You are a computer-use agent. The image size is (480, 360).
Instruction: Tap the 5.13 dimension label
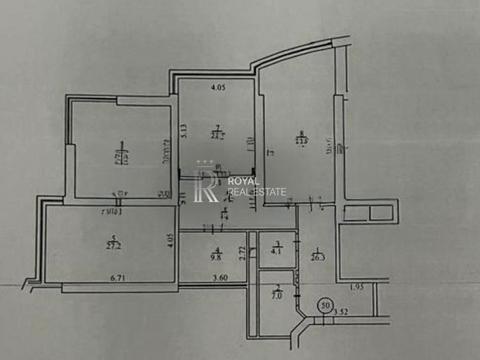(184, 129)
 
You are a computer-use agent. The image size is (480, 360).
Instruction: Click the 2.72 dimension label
(242, 253)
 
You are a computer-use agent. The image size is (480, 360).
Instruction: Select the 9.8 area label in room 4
(216, 255)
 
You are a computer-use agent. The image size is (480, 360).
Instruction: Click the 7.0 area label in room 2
(278, 294)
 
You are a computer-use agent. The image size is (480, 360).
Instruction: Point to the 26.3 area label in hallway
(318, 256)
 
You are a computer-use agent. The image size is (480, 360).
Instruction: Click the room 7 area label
(218, 134)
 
